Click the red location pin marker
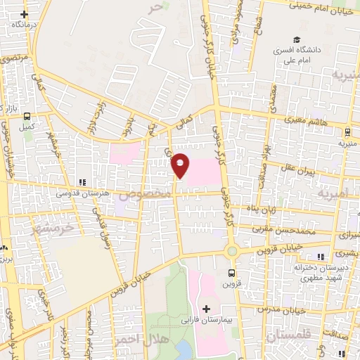point(181,165)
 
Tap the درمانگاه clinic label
point(20,24)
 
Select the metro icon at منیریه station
point(347,131)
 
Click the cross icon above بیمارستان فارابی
point(206,309)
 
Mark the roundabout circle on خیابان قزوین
point(231,251)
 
